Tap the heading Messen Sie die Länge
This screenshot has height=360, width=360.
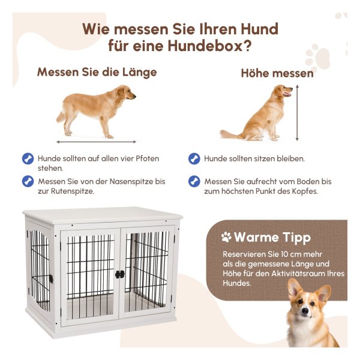(97, 73)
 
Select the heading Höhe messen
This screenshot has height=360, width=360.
(277, 73)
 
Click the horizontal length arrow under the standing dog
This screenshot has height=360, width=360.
(97, 142)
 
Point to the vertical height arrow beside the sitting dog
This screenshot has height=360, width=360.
(297, 113)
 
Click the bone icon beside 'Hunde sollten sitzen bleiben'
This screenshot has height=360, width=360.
(194, 158)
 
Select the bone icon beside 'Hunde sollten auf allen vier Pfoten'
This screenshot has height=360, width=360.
(28, 158)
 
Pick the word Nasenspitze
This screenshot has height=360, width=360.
(131, 181)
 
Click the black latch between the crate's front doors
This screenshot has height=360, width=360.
(120, 274)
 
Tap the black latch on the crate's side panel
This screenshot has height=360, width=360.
(51, 279)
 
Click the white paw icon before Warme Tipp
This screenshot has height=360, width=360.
(226, 237)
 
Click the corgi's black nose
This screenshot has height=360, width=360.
(305, 311)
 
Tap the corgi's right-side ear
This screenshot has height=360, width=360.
(324, 293)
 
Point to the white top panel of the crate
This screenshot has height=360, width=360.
(103, 215)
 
